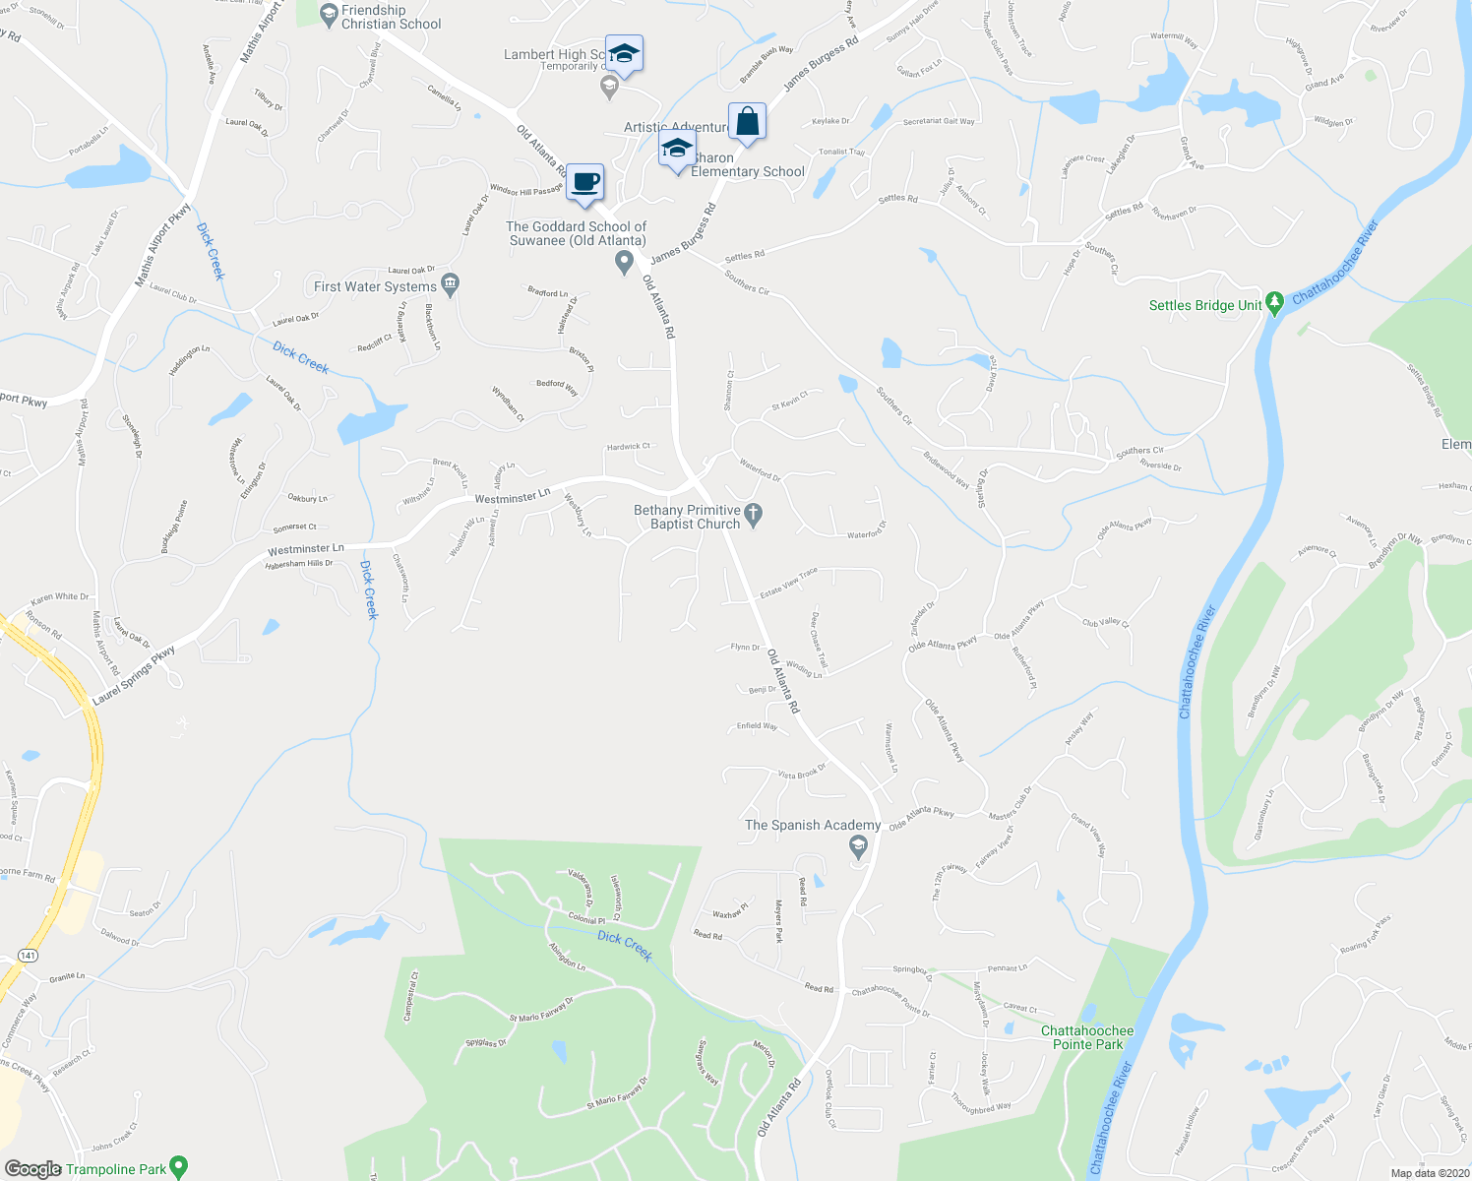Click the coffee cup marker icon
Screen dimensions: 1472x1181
585,182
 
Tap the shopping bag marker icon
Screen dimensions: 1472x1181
747,122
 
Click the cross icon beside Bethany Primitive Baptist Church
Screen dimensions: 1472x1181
753,514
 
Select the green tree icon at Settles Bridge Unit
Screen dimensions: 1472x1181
1274,303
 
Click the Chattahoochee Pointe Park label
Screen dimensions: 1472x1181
1087,1037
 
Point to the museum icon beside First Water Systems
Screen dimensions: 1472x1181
450,285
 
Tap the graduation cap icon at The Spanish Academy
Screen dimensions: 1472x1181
859,846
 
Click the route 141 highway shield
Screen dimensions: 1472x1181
28,956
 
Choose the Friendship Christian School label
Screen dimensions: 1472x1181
391,17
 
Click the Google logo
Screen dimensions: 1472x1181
32,1168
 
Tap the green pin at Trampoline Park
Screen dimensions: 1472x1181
178,1168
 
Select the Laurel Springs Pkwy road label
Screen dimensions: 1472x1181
134,675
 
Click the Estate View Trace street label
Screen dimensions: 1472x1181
788,584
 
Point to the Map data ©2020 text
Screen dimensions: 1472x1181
1428,1173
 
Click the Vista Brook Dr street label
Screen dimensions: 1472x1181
802,773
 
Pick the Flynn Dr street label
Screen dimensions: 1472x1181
745,647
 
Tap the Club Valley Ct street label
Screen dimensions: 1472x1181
1106,622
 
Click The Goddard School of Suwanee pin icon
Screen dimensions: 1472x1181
624,262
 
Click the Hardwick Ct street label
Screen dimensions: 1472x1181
629,446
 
